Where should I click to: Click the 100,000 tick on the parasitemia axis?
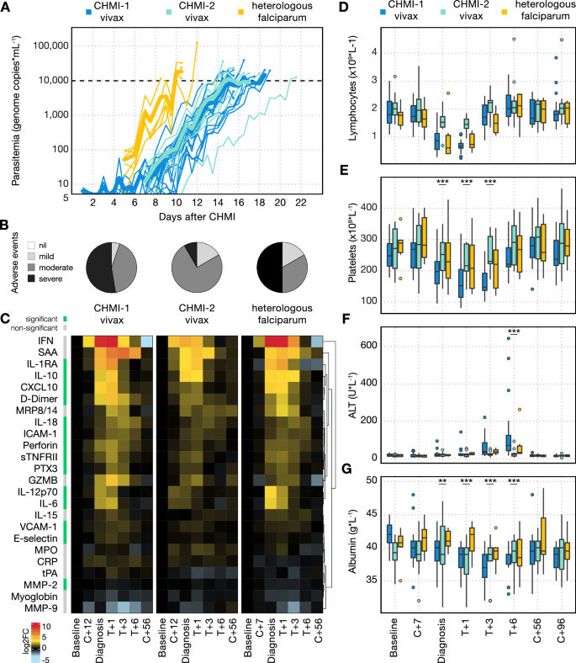(x=50, y=45)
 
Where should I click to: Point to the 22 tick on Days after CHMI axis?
(x=301, y=203)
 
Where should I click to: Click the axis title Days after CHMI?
(x=197, y=217)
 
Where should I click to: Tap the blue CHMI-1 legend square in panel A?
(x=88, y=13)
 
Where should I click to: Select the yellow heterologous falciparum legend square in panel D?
(x=505, y=13)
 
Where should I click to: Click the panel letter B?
(x=5, y=225)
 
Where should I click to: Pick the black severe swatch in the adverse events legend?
(x=31, y=278)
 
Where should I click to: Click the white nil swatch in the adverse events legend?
(x=31, y=245)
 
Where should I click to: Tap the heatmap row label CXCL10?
(x=39, y=387)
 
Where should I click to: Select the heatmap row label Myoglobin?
(x=34, y=597)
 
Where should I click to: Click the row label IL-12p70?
(x=37, y=491)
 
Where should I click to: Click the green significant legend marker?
(x=66, y=319)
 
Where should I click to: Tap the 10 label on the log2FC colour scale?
(x=46, y=626)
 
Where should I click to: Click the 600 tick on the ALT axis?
(x=368, y=346)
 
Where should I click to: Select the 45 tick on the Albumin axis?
(x=372, y=513)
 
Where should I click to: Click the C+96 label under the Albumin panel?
(x=561, y=630)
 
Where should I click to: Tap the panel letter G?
(x=346, y=469)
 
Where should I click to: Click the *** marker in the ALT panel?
(x=514, y=331)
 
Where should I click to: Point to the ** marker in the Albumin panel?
(x=442, y=481)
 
